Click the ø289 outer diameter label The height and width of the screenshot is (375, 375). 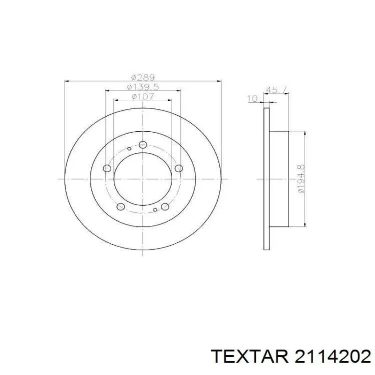click(x=143, y=77)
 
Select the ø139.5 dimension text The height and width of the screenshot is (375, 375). click(x=143, y=87)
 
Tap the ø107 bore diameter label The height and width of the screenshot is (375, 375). click(x=143, y=97)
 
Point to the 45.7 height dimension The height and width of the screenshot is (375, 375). click(x=276, y=90)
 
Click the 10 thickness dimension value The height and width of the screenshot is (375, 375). click(x=252, y=98)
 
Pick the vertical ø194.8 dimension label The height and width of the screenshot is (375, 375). click(x=301, y=179)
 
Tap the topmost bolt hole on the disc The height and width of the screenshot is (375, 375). click(x=143, y=145)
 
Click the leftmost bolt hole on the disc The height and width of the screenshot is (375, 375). click(x=107, y=168)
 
